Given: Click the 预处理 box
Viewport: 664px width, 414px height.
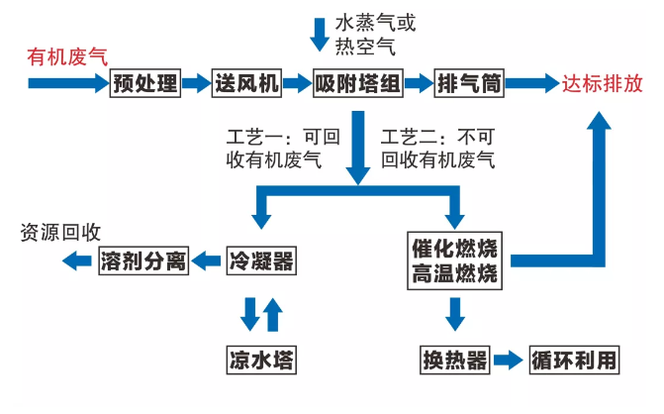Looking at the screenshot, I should (x=144, y=84).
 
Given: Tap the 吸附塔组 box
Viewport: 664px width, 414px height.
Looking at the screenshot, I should (x=357, y=84).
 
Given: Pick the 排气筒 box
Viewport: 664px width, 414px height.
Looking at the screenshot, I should (x=469, y=84).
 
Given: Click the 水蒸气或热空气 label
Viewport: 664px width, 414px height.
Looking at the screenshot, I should (x=369, y=34).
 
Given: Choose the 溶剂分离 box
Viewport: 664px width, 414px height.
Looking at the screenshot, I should (x=143, y=261).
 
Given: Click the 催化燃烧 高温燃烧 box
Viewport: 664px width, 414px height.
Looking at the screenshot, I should (x=455, y=260).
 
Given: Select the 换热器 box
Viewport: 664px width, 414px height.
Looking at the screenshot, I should (x=455, y=359).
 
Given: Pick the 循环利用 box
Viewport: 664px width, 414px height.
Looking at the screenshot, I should (x=574, y=359).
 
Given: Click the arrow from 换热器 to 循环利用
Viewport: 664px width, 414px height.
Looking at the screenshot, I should (x=508, y=359).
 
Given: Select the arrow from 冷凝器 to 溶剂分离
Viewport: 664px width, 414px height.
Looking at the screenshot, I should (x=207, y=261).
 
